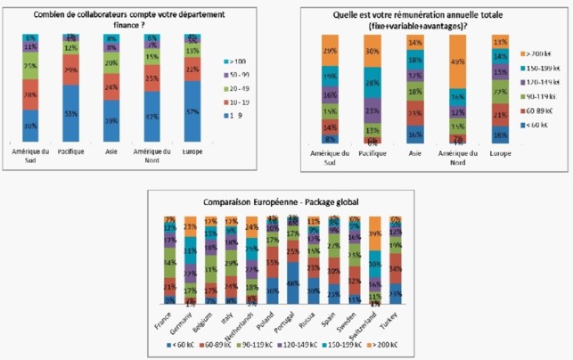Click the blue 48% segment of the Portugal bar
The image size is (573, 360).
click(292, 285)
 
